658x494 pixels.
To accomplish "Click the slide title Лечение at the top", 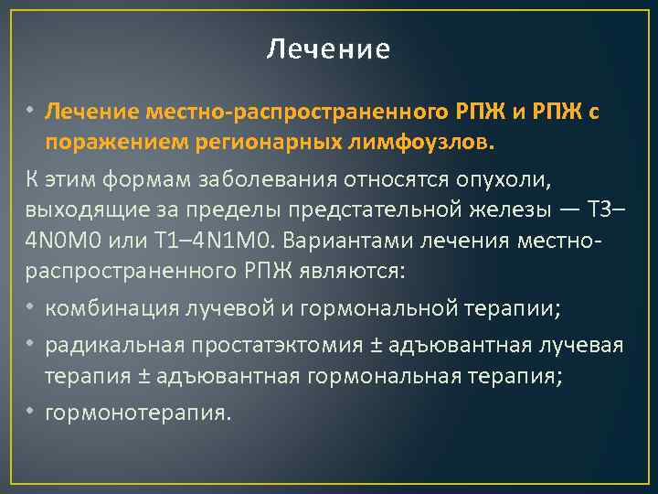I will click(x=328, y=48).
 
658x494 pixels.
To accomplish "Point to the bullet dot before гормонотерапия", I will click(x=30, y=412).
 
